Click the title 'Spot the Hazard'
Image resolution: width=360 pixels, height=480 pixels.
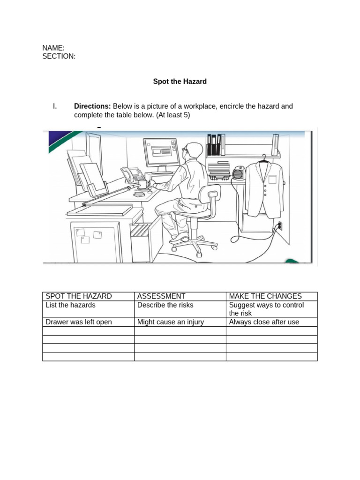pos(180,82)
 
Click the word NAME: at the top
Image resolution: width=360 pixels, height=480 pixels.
pos(53,48)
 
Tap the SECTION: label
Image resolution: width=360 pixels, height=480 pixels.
pos(59,56)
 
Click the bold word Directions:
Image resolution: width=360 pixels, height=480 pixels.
pos(92,106)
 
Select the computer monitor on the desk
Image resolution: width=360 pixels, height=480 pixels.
pos(161,152)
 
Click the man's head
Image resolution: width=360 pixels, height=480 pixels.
pos(194,151)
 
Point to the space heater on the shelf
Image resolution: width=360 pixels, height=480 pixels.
pos(239,174)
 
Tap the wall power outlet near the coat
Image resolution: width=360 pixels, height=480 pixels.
pos(280,226)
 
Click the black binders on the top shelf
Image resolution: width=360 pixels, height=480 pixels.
pos(213,144)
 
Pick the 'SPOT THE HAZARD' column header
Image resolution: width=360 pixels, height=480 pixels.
pos(79,296)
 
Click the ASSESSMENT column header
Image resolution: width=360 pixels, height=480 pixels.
pos(161,296)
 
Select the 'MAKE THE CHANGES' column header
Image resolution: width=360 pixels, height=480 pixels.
pos(265,296)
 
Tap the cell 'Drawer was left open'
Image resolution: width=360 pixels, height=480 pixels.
pos(79,322)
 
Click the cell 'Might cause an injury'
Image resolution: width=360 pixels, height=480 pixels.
pos(171,322)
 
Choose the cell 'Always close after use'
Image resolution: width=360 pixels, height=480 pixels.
pos(264,322)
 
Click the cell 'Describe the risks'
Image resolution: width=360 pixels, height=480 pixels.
pos(165,305)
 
